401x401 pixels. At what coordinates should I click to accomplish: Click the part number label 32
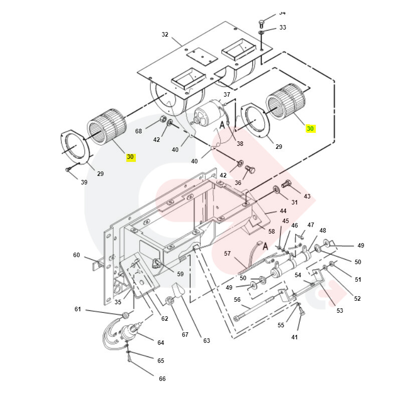pos(165,35)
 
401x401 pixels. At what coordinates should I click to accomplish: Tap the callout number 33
pos(283,28)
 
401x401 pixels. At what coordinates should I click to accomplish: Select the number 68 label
pos(138,131)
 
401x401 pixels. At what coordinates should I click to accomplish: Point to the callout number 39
pos(84,182)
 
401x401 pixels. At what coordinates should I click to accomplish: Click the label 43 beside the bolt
pos(307,196)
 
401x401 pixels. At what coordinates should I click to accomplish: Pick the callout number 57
pos(227,254)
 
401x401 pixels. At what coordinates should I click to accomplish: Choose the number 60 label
pos(76,255)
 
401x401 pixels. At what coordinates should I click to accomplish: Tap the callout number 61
pos(78,309)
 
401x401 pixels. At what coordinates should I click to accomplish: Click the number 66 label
pos(162,379)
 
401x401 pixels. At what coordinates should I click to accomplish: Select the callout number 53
pos(340,311)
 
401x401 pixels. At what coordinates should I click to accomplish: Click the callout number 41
pos(294,337)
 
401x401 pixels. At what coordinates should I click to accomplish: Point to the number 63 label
pos(207,341)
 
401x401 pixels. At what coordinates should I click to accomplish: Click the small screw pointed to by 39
pos(68,170)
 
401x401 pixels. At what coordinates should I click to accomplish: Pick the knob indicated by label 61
pos(125,315)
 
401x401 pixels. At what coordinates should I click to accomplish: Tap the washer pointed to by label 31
pos(276,190)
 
